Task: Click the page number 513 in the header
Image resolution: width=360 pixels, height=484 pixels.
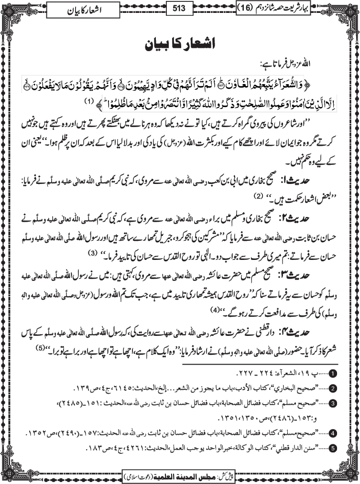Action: [x=179, y=8]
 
